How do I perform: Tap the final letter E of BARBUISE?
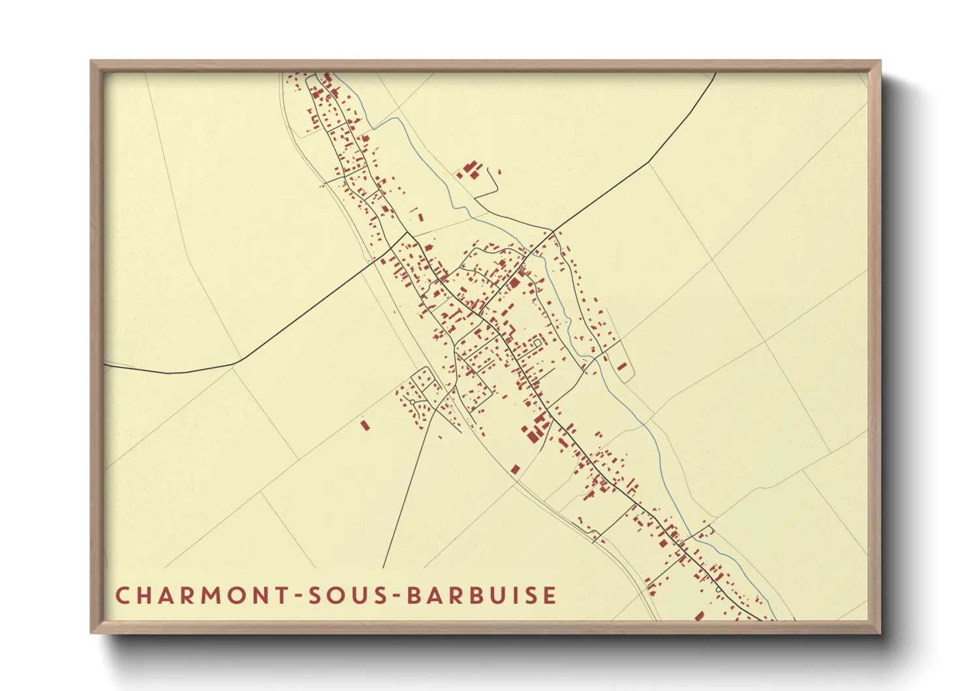(x=551, y=596)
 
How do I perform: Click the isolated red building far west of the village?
(x=365, y=425)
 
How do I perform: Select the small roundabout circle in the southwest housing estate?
(x=413, y=402)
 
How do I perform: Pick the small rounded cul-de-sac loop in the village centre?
(x=537, y=342)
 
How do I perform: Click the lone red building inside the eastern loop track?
(x=622, y=366)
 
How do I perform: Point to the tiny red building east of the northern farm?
(x=499, y=172)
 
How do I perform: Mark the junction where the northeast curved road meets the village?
(x=553, y=231)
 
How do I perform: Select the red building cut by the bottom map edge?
(x=699, y=616)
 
